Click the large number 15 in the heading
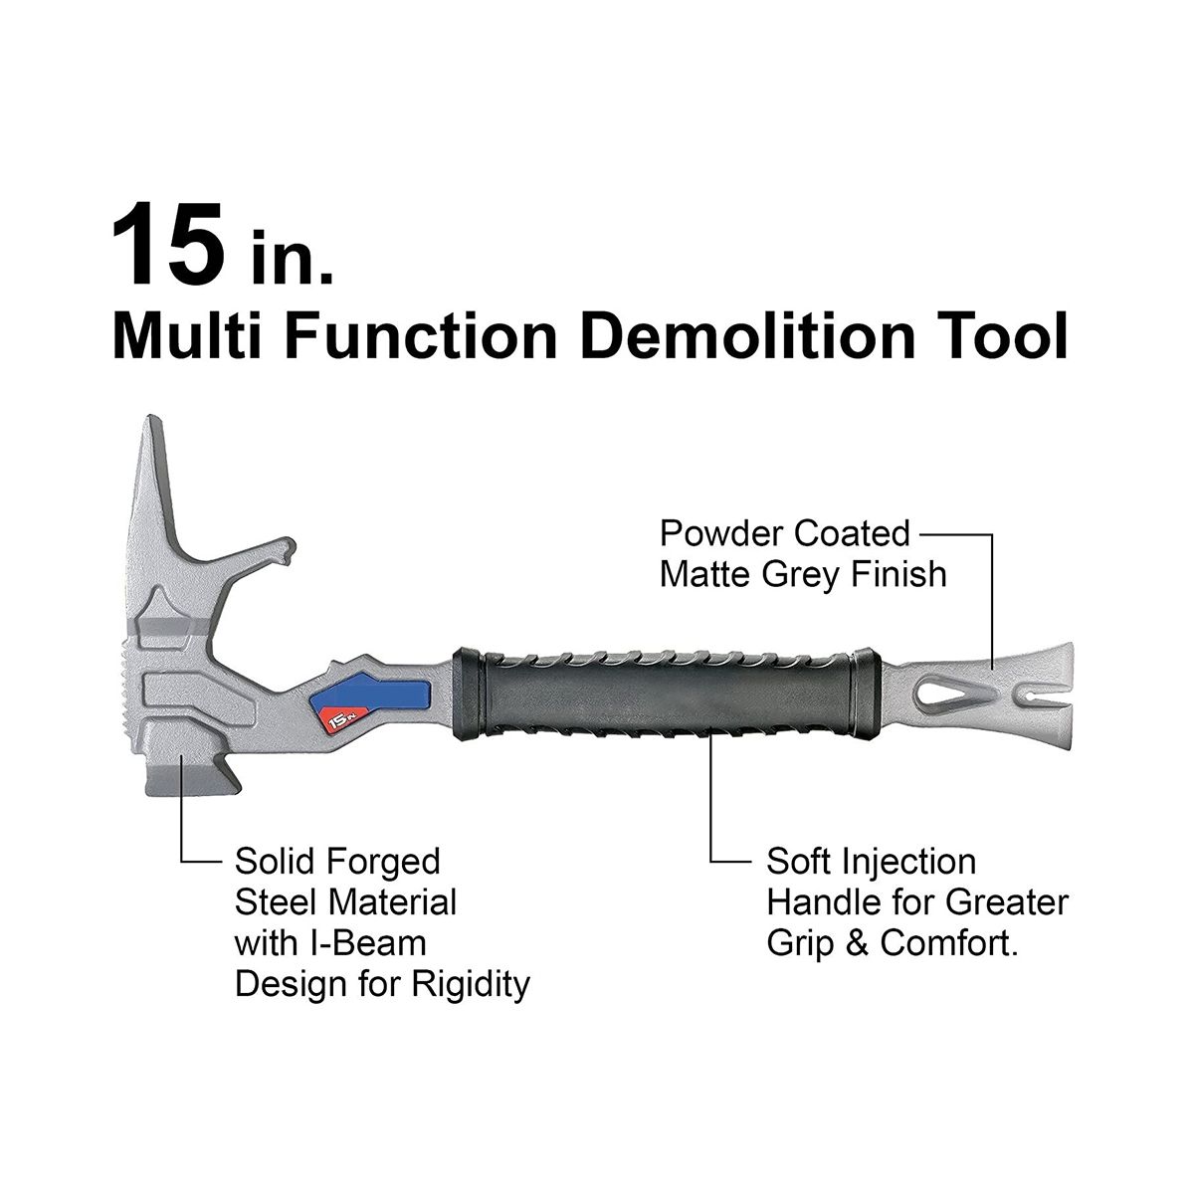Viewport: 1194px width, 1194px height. click(x=168, y=246)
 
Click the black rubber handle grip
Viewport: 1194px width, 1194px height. click(x=666, y=695)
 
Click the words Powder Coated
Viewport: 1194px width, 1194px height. click(x=784, y=533)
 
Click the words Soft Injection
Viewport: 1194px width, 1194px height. click(x=872, y=863)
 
